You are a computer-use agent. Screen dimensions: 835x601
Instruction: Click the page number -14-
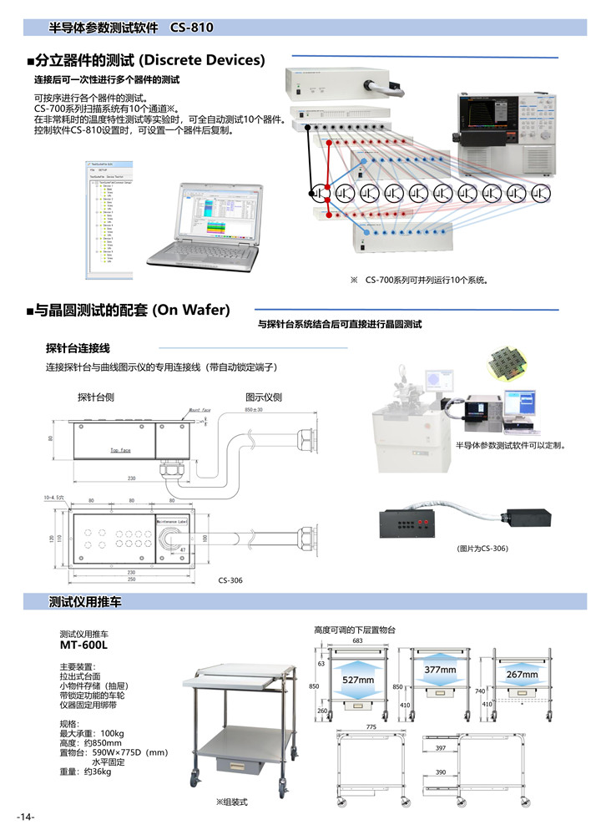[25, 816]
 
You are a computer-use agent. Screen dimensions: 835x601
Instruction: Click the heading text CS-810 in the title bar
[192, 28]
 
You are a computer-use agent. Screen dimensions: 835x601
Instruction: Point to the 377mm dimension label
[439, 670]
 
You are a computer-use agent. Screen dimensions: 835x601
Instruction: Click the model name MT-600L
[84, 645]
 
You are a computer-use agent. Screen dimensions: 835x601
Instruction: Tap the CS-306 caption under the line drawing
[230, 580]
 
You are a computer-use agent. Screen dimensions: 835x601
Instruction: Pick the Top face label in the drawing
[120, 450]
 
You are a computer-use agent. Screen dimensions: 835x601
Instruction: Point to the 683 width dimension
[357, 640]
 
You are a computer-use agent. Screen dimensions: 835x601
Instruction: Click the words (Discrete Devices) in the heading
[201, 60]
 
